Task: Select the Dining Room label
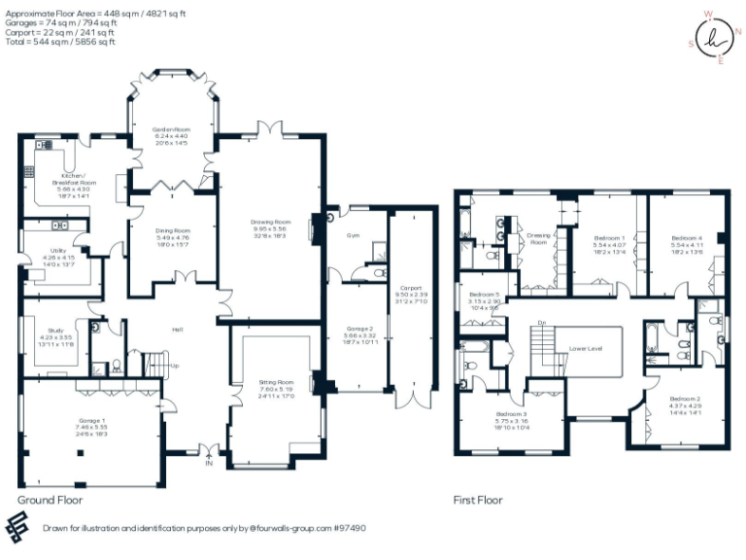point(173,230)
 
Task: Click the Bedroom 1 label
point(609,237)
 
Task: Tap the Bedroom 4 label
point(686,237)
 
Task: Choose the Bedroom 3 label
point(511,414)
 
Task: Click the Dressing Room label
point(538,237)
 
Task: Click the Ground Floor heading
point(50,500)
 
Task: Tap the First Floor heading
point(478,500)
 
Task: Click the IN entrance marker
point(208,464)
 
